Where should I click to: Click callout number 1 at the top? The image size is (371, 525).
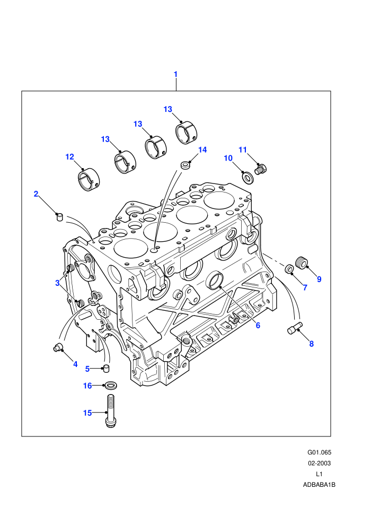click(x=175, y=74)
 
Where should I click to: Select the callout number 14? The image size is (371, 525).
click(x=202, y=150)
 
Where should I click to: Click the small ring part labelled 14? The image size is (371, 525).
click(x=185, y=165)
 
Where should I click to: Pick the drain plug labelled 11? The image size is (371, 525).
click(x=261, y=169)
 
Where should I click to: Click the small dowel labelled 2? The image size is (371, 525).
click(x=59, y=217)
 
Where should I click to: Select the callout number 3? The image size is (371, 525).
click(x=57, y=283)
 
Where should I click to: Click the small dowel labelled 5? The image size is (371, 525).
click(x=107, y=369)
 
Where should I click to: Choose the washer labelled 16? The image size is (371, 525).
click(x=111, y=386)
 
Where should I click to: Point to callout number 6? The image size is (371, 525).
click(x=258, y=325)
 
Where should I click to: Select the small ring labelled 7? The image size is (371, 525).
click(x=289, y=269)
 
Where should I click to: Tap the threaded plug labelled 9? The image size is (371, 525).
click(x=302, y=262)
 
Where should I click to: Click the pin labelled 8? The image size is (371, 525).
click(x=295, y=327)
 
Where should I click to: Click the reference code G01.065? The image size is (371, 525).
click(x=319, y=453)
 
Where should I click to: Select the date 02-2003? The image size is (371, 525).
click(x=319, y=463)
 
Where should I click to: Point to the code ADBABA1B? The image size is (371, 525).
click(x=319, y=485)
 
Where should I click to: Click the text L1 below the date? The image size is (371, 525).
click(x=319, y=474)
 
